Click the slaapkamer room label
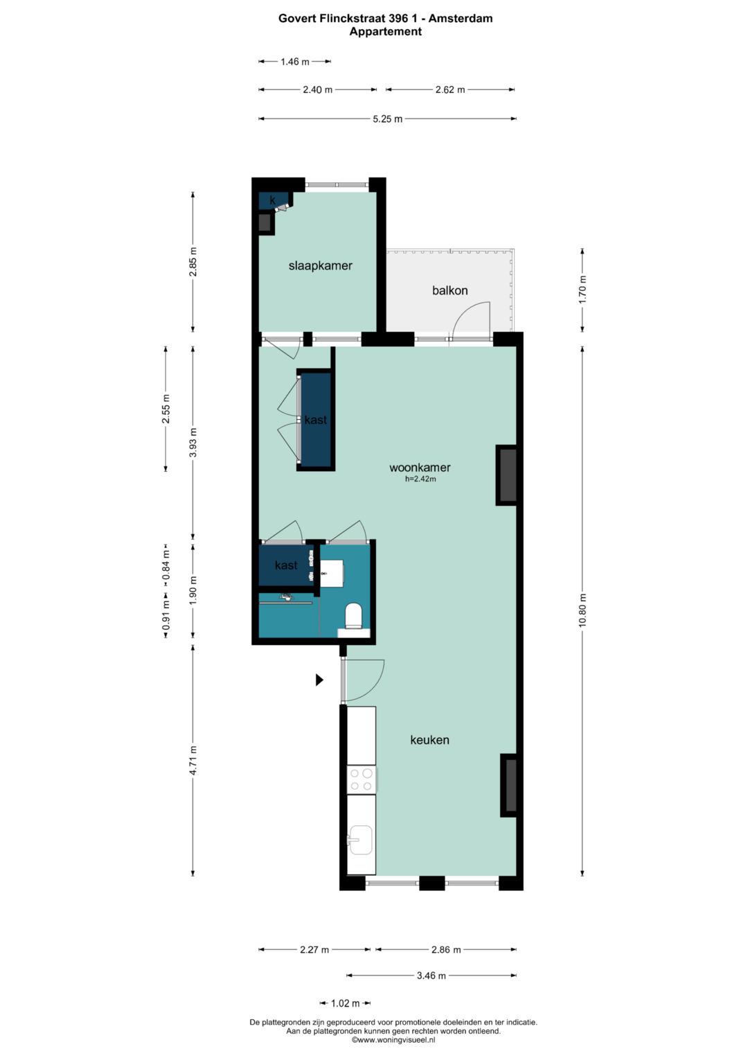tap(320, 265)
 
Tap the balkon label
tap(449, 290)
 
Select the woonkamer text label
tap(419, 467)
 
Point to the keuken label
tap(429, 740)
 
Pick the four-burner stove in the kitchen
tap(362, 779)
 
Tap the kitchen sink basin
tap(360, 840)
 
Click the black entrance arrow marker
tap(320, 680)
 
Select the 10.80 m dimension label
tap(582, 610)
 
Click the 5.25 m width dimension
tap(387, 119)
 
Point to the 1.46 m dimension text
tap(294, 62)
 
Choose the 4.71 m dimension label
tap(193, 759)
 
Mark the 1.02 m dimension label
tap(345, 1003)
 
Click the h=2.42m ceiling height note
tap(420, 479)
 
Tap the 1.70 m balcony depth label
tap(582, 290)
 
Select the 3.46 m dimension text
tap(431, 976)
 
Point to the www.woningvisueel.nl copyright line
tap(393, 1039)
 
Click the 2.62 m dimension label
tap(450, 90)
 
